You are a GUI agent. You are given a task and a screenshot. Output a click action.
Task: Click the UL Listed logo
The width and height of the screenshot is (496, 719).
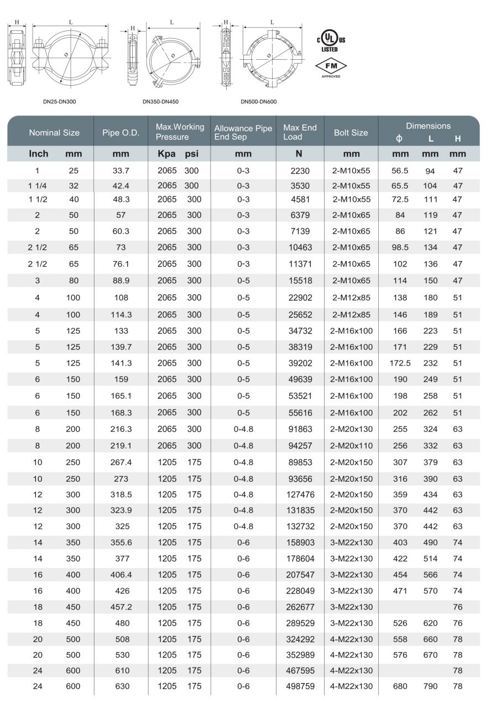(330, 40)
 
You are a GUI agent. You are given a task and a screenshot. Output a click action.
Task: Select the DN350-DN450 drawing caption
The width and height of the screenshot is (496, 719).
(160, 102)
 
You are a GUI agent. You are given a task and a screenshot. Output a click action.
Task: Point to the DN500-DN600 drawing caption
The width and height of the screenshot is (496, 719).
(258, 102)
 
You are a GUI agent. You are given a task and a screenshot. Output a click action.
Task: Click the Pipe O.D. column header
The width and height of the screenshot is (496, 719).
(121, 133)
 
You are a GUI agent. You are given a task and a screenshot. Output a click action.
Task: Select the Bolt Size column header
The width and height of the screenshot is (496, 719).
(351, 133)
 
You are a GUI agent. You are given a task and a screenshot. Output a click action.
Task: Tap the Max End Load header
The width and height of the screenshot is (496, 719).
(300, 132)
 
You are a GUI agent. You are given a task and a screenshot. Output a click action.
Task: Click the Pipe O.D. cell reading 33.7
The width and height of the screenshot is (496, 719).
(121, 171)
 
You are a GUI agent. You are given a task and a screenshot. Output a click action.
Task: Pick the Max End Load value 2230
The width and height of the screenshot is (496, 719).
(300, 171)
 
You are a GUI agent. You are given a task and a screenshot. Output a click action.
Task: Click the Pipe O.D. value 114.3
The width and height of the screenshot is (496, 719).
(121, 315)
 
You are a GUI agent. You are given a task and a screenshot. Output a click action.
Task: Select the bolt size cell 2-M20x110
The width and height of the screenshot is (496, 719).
(351, 446)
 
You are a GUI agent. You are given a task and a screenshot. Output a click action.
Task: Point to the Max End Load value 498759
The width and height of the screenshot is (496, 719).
(300, 686)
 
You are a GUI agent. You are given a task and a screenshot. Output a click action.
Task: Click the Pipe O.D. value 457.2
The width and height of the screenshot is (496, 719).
(121, 607)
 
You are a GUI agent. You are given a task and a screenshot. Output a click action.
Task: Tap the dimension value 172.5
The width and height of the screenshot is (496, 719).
(400, 363)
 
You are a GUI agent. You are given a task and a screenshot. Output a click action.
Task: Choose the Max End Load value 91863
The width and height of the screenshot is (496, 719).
(300, 429)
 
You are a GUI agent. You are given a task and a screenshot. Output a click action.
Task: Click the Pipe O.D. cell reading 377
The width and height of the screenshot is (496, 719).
(121, 559)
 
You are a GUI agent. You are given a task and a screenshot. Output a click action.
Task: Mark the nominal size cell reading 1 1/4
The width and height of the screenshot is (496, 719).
(38, 186)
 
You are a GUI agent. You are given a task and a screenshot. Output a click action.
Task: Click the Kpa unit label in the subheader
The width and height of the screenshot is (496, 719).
(166, 154)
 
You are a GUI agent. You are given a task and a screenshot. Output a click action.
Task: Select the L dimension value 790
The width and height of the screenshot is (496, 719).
(430, 686)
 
